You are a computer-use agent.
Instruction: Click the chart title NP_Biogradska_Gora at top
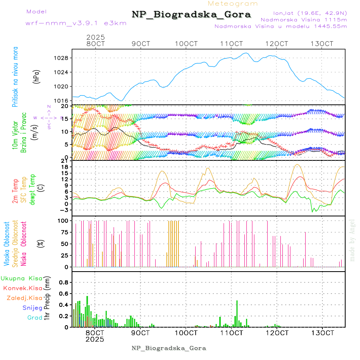coord(191,15)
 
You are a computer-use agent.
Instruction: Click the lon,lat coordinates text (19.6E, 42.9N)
coord(310,12)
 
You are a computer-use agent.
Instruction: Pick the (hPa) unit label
coord(36,76)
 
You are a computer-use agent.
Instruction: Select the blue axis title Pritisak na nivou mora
coord(15,76)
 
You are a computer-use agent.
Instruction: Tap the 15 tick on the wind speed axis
coord(66,119)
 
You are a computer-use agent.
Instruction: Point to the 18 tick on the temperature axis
coord(66,167)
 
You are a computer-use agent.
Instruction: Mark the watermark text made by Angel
coord(352,240)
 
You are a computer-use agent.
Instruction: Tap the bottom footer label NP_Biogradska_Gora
coord(169,348)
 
